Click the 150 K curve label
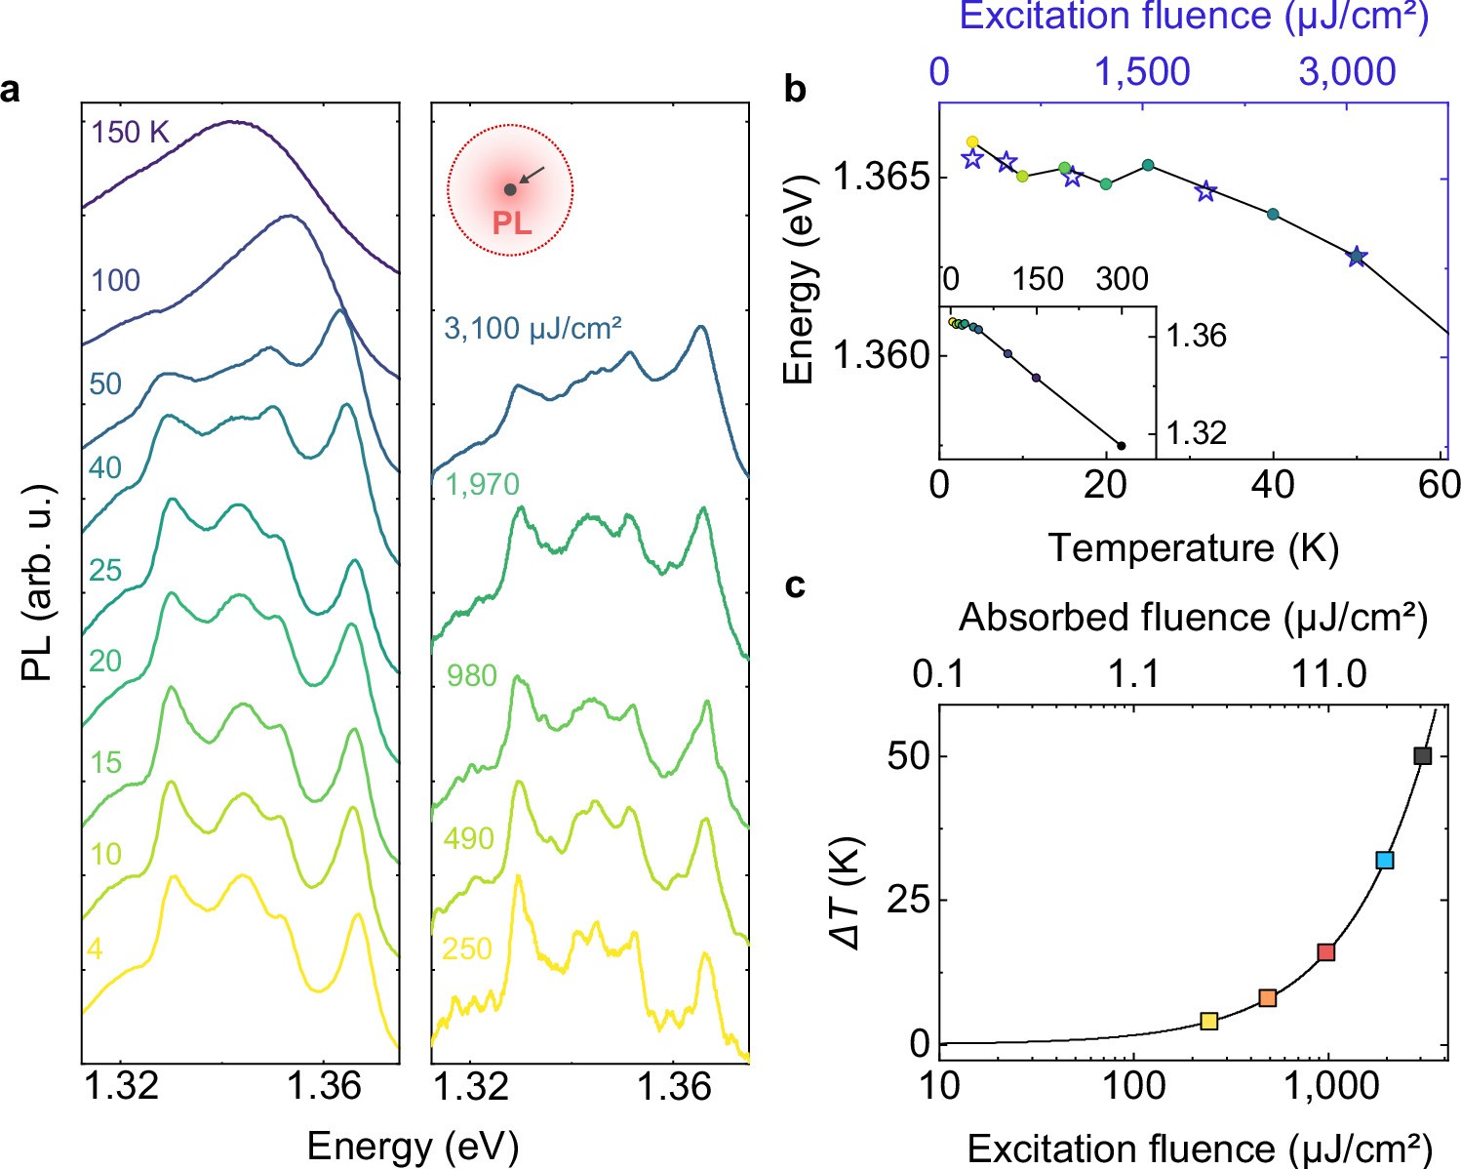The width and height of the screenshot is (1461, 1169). coord(131,132)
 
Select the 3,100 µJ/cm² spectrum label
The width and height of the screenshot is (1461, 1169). coord(533,328)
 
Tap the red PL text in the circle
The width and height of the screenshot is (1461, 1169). coord(511,223)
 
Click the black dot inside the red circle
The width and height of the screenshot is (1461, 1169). coord(510,189)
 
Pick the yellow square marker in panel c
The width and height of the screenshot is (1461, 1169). coord(1208,1021)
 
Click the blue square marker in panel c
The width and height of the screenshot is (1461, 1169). coord(1384,860)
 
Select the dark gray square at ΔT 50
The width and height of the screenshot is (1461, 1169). coord(1422,755)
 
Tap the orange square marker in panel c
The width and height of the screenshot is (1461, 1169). coord(1267,997)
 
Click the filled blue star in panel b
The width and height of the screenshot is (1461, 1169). coord(1356,257)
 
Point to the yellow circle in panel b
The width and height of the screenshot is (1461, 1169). coord(971,141)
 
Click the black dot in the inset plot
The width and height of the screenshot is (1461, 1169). coord(1121,446)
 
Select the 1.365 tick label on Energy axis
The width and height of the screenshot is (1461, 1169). coord(872,179)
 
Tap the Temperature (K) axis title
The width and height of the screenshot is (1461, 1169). coord(1193,548)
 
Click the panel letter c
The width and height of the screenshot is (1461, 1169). coord(796,585)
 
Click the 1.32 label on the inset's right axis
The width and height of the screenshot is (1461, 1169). coord(1197,432)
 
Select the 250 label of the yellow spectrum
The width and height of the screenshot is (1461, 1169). coord(467,948)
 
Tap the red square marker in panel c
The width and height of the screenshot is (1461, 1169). coord(1325,951)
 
